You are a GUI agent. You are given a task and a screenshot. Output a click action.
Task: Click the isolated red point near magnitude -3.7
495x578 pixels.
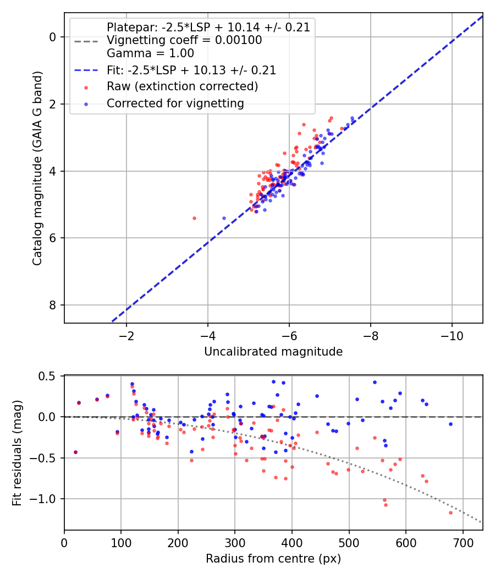(195, 218)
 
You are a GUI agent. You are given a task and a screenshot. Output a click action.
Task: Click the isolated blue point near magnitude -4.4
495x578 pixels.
(224, 218)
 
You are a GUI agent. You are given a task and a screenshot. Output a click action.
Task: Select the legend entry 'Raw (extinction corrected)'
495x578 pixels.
(182, 86)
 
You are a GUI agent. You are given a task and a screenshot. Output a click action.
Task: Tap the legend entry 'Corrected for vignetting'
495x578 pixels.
(175, 103)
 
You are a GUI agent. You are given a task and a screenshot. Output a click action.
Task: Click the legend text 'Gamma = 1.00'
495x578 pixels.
(150, 53)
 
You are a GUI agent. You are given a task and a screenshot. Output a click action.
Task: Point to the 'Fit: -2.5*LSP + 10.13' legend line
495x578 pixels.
(191, 70)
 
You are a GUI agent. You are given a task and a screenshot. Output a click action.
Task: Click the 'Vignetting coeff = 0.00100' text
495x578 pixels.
(184, 40)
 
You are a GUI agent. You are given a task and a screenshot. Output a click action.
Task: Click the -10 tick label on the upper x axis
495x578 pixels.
(452, 336)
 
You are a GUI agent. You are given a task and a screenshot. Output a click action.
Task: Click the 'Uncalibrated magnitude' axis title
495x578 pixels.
(273, 352)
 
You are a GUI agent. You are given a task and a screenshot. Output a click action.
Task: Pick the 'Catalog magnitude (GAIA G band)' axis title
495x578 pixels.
(37, 168)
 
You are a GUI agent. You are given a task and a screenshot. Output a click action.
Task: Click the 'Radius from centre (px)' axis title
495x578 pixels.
(273, 559)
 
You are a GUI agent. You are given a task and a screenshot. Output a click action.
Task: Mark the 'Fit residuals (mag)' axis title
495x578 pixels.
(17, 452)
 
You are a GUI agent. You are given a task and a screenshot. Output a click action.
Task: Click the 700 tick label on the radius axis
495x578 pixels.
(463, 543)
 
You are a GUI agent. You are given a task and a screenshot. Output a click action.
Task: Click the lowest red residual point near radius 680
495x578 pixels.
(450, 512)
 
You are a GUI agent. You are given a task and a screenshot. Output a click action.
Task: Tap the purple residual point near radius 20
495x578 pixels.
(75, 452)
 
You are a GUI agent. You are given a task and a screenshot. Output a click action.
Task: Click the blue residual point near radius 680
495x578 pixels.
(450, 424)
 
